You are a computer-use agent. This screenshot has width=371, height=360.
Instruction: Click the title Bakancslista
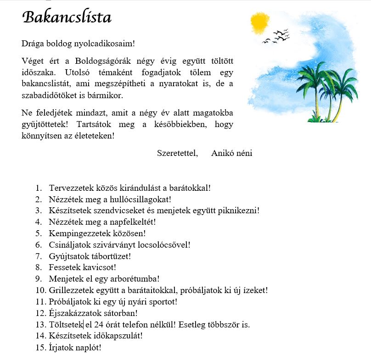tap(67, 17)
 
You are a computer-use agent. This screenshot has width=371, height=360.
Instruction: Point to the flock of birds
tap(276, 37)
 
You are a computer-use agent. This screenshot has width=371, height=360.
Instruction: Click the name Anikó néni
tap(231, 153)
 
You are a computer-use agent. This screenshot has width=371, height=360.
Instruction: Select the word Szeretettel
tap(177, 153)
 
